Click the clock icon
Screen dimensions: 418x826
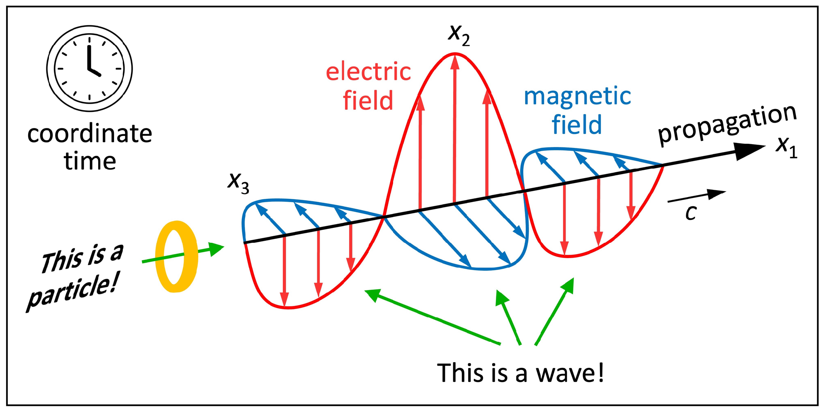coord(89,68)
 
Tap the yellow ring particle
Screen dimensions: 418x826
coord(176,256)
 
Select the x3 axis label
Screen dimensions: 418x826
coord(238,182)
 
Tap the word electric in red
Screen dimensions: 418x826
coord(368,72)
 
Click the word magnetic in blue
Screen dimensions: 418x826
coord(577,97)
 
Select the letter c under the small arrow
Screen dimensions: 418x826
coord(690,213)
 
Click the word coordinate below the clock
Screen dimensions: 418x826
coord(90,134)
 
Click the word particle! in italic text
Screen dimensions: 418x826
coord(73,292)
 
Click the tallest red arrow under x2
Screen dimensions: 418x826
coord(455,128)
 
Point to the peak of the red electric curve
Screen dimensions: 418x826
coord(455,54)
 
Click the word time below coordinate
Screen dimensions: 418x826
coord(90,161)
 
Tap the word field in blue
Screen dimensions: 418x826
coord(576,125)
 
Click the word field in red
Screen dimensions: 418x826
coord(368,101)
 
